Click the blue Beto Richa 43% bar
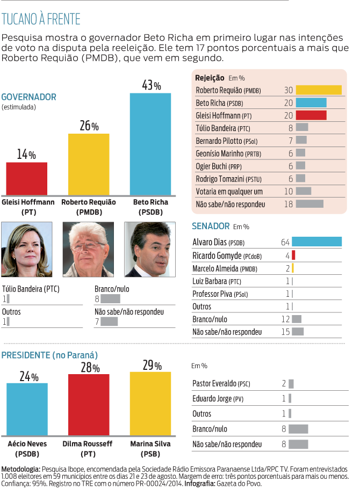(x=150, y=144)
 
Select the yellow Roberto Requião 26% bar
(x=89, y=164)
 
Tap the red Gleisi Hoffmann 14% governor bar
(x=26, y=179)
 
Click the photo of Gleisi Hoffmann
(x=27, y=249)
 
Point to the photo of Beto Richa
(x=150, y=249)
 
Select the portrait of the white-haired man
(x=88, y=249)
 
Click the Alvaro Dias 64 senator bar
(x=316, y=242)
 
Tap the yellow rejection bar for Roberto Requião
(x=319, y=90)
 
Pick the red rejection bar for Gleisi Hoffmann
(x=311, y=115)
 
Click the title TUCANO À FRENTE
(x=41, y=20)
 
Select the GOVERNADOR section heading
(x=29, y=97)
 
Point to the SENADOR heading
(x=211, y=226)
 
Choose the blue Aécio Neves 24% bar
(x=26, y=411)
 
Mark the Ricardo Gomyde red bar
(x=293, y=255)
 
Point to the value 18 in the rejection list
(x=288, y=204)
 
